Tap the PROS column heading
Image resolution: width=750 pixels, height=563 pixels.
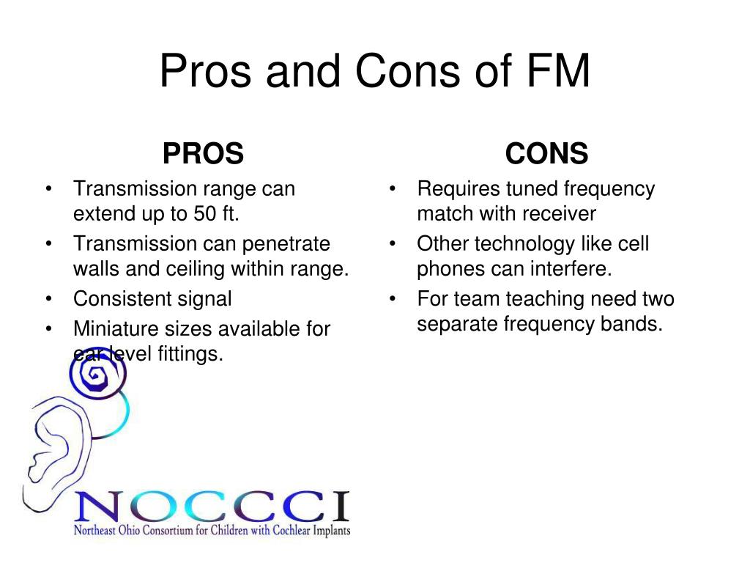(204, 153)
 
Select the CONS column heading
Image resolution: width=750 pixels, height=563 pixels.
(546, 153)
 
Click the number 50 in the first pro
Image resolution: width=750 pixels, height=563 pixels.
(205, 213)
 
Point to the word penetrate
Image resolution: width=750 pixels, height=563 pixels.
(286, 244)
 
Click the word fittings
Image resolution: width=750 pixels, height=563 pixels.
(190, 354)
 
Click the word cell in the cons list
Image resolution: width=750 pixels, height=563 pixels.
(634, 243)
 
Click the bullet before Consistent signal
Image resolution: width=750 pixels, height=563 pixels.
(49, 299)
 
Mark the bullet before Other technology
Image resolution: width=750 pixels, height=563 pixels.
(393, 244)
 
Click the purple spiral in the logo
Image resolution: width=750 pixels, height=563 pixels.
(97, 373)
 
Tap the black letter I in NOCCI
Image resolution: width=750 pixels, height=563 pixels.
(341, 506)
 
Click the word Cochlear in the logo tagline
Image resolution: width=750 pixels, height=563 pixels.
(292, 530)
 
